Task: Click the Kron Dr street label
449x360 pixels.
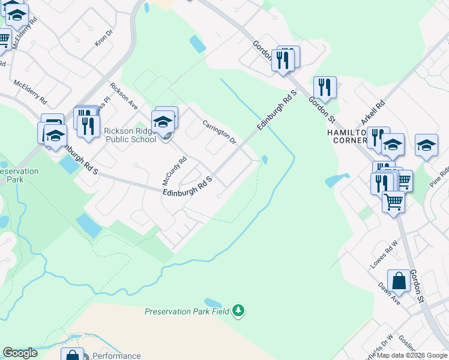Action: point(104,39)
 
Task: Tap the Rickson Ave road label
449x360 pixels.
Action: point(124,95)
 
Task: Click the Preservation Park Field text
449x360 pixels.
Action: point(188,311)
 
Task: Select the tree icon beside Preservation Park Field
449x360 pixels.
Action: point(239,310)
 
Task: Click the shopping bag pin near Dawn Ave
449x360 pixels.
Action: point(399,281)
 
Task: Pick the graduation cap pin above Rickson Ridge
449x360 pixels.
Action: point(163,121)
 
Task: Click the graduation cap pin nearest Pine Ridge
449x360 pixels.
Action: point(426,145)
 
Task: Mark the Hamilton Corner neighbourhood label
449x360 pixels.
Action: point(346,136)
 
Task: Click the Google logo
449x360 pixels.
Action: point(20,353)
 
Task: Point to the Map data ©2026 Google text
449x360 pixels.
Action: point(412,355)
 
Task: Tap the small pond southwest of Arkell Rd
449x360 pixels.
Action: point(337,179)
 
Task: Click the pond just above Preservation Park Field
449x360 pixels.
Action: point(212,302)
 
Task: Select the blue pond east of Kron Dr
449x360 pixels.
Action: point(197,44)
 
